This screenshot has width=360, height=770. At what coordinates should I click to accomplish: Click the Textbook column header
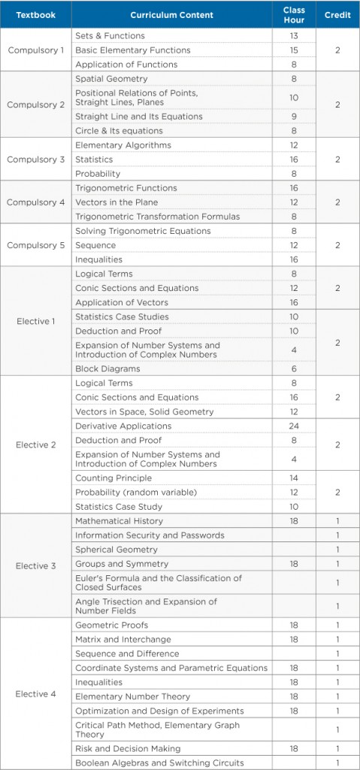point(35,15)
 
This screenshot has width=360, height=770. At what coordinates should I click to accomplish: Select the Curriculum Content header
point(171,15)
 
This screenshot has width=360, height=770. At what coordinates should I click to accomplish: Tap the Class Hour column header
point(294,15)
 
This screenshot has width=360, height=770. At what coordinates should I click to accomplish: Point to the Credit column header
point(337,15)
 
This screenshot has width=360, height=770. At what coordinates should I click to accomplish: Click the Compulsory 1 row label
point(35,50)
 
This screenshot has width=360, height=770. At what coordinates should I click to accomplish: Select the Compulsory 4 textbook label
point(35,202)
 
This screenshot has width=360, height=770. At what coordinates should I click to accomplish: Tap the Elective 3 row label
point(35,565)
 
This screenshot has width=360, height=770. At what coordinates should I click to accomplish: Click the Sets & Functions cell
point(110,35)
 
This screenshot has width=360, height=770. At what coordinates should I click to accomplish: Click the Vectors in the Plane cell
point(116,202)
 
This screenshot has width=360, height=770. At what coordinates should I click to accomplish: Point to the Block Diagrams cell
point(107,368)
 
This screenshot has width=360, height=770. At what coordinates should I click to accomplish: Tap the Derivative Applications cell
point(123,426)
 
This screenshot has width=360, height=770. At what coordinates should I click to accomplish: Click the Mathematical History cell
point(119,520)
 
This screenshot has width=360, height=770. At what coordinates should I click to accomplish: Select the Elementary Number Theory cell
point(132,696)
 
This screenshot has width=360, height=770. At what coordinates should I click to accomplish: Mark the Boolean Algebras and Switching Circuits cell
point(159,762)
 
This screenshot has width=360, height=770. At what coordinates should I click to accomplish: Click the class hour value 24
point(294,426)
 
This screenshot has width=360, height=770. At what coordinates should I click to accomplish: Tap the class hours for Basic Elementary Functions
point(294,50)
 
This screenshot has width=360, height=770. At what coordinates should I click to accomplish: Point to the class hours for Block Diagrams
point(294,368)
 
